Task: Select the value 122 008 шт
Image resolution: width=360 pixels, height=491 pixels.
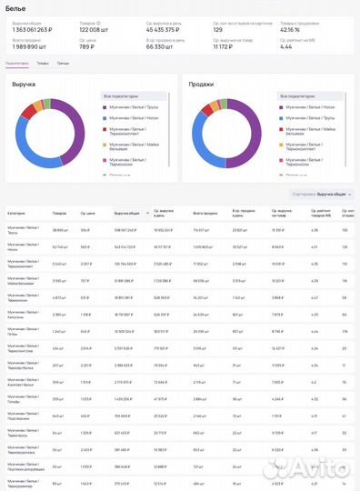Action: pyautogui.click(x=96, y=29)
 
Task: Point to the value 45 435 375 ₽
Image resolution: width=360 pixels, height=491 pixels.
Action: pyautogui.click(x=166, y=29)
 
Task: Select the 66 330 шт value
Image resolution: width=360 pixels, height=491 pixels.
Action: pyautogui.click(x=161, y=45)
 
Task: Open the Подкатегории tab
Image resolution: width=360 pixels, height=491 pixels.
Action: pyautogui.click(x=17, y=63)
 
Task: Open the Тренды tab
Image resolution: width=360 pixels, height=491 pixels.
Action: pyautogui.click(x=63, y=63)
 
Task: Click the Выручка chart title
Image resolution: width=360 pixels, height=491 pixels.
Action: pyautogui.click(x=24, y=84)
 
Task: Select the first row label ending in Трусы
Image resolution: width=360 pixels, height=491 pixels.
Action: pyautogui.click(x=22, y=231)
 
